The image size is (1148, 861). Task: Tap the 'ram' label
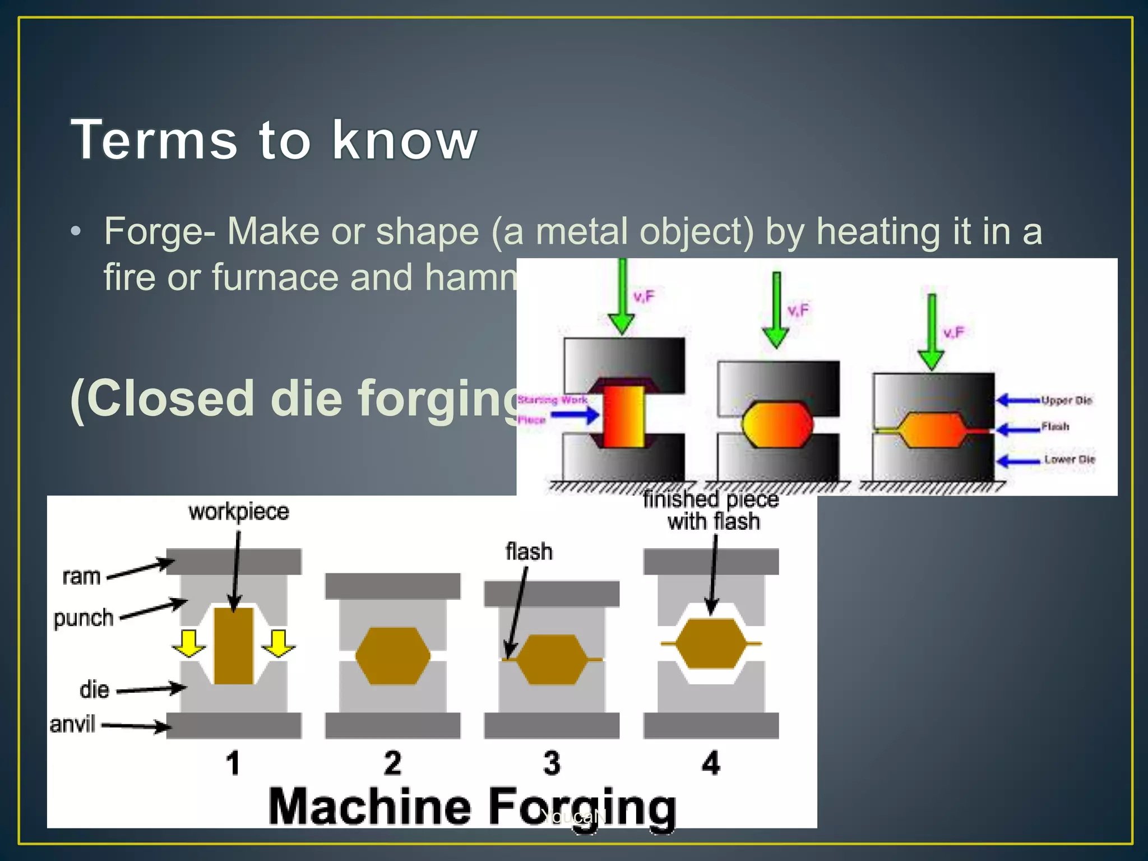tap(81, 576)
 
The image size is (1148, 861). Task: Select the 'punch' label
tap(84, 618)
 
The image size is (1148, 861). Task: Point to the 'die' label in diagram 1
tap(94, 689)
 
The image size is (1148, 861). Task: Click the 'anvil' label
tap(73, 724)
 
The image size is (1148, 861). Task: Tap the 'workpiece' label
tap(239, 512)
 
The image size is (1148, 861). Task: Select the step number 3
tap(552, 763)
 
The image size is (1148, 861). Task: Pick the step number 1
tap(233, 763)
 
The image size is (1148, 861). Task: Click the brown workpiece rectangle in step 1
tap(234, 646)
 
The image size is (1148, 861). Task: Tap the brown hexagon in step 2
tap(393, 656)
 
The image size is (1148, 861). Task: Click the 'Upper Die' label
tap(1066, 400)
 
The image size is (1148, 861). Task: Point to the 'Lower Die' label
tap(1069, 459)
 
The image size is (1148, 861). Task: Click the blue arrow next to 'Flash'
tap(1018, 429)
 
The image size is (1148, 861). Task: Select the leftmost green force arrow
tap(622, 297)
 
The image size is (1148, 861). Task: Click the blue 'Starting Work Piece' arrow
tap(575, 415)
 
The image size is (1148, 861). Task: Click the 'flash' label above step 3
tap(529, 552)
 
